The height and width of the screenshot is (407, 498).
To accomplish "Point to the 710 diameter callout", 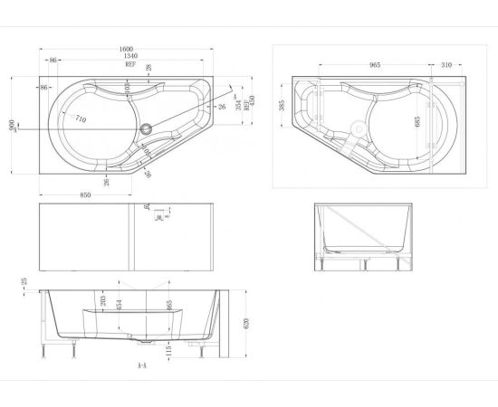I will click(81, 119).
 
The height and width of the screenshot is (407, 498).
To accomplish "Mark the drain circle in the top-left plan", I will click(148, 128).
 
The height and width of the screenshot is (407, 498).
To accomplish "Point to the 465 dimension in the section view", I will click(168, 304).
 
